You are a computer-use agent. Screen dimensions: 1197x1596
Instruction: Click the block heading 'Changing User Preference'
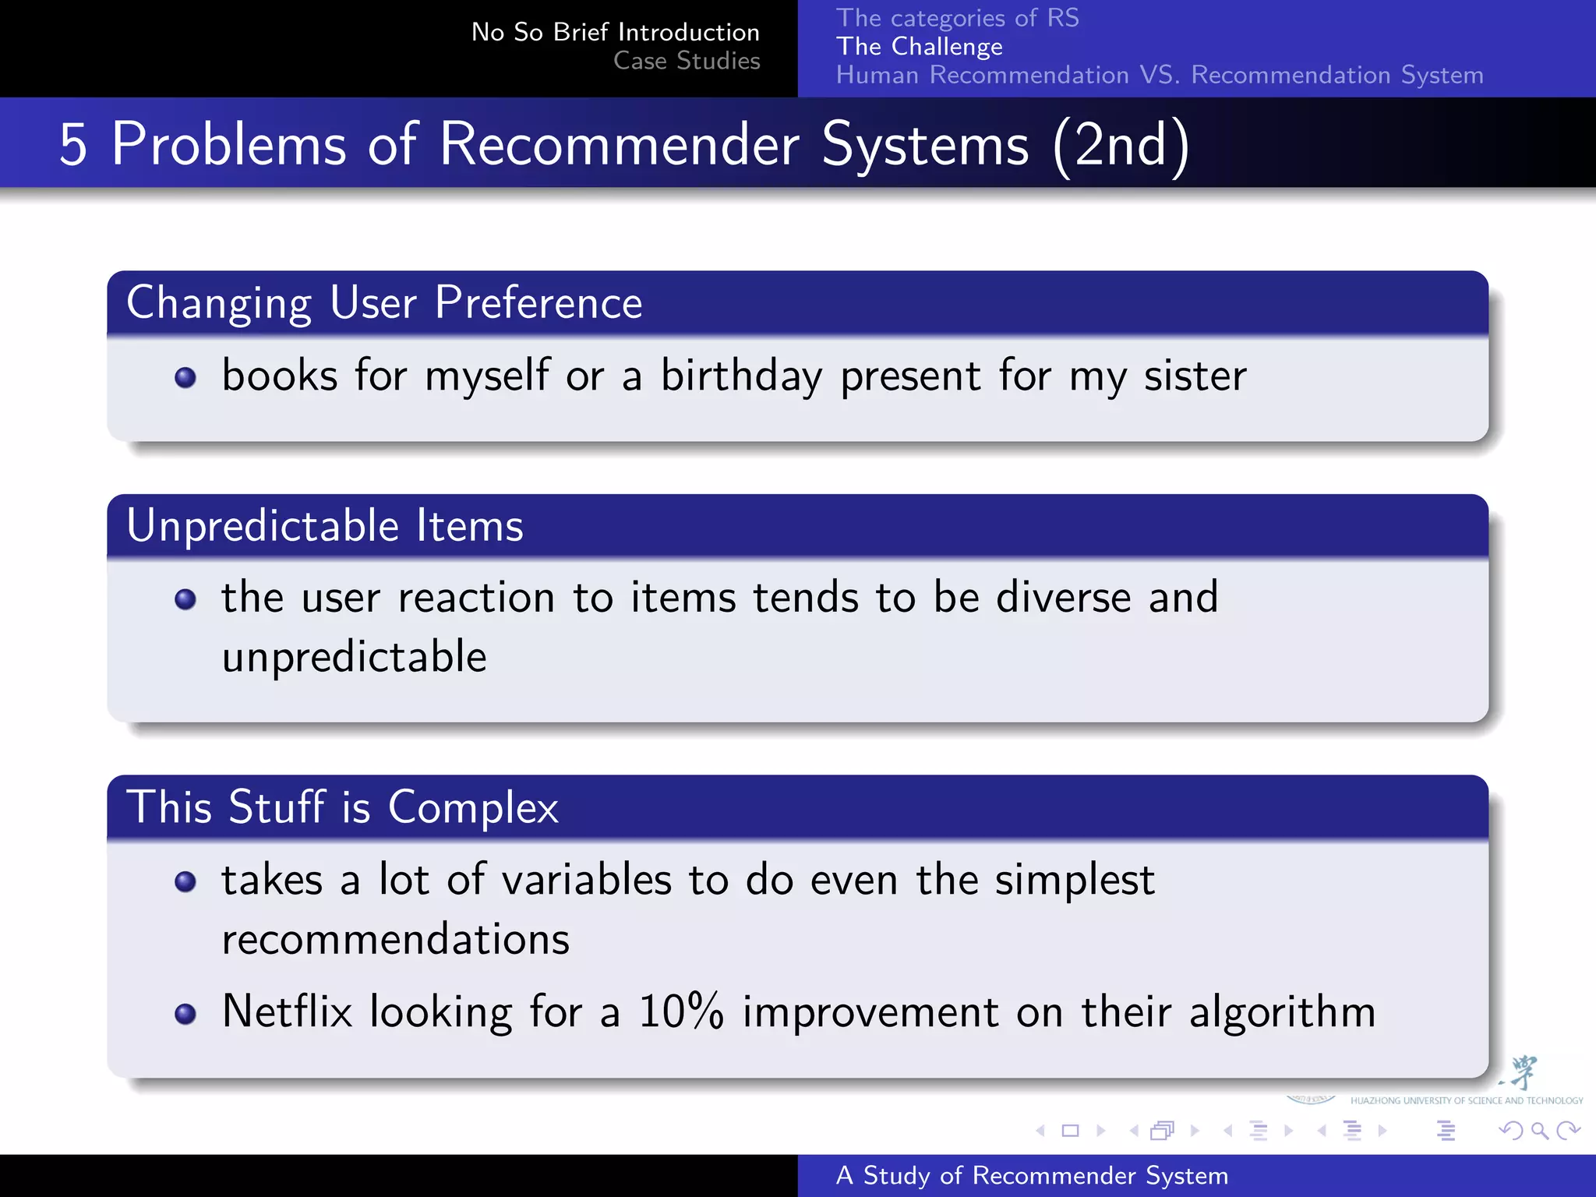click(384, 302)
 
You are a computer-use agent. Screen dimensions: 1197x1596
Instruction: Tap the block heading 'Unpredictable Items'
click(325, 525)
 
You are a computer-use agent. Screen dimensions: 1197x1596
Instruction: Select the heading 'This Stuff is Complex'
click(342, 807)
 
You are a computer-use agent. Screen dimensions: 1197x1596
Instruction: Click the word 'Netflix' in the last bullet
click(287, 1012)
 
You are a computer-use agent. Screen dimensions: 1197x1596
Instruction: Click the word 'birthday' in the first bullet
click(741, 376)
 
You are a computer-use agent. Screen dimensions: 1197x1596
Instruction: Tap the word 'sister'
click(1195, 376)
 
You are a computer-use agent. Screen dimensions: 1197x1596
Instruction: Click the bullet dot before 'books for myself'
click(185, 378)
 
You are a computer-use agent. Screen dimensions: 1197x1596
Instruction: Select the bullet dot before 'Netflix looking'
click(185, 1014)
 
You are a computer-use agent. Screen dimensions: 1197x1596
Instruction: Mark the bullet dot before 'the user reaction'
click(185, 599)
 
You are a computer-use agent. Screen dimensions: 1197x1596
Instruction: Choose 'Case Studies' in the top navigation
click(687, 61)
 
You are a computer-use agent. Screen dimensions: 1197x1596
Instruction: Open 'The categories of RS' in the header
click(957, 18)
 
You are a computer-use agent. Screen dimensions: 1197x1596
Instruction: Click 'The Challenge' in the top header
click(919, 47)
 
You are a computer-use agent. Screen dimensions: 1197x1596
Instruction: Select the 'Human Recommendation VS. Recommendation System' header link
click(1159, 76)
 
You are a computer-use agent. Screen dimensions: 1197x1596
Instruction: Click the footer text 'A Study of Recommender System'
click(1032, 1175)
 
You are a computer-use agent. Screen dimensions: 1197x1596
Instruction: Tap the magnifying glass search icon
click(1539, 1130)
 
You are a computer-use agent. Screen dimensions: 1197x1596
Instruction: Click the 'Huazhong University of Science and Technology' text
click(1466, 1100)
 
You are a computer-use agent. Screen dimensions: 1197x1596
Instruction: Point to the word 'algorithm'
click(1282, 1013)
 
